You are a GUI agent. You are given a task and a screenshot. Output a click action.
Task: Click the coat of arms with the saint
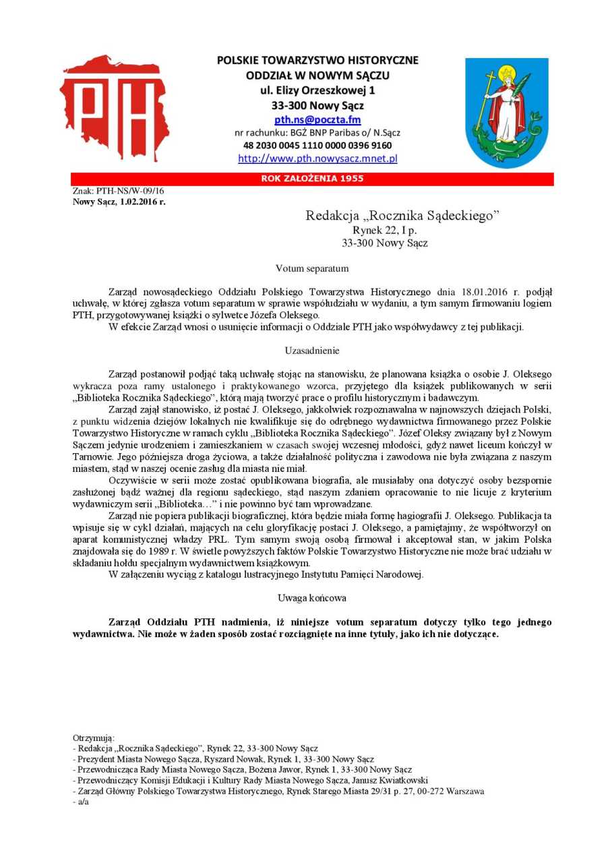click(x=507, y=112)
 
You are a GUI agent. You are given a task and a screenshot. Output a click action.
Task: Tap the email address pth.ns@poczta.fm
click(x=317, y=120)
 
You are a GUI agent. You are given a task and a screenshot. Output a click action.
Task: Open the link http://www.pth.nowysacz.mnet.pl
click(x=317, y=159)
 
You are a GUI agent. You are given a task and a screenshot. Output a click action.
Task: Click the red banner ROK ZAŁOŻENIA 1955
click(x=312, y=179)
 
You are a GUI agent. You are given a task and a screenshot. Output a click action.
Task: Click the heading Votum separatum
click(x=312, y=268)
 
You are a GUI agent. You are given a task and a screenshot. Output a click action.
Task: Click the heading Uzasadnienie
click(x=312, y=351)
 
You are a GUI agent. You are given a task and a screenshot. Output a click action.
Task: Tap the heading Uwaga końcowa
click(x=312, y=598)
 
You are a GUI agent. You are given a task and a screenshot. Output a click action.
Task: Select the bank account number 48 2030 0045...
click(x=317, y=145)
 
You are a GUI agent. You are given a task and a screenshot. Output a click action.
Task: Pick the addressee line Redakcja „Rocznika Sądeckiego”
click(x=402, y=216)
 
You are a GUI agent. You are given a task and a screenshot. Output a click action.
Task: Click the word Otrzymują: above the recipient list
click(x=93, y=738)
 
